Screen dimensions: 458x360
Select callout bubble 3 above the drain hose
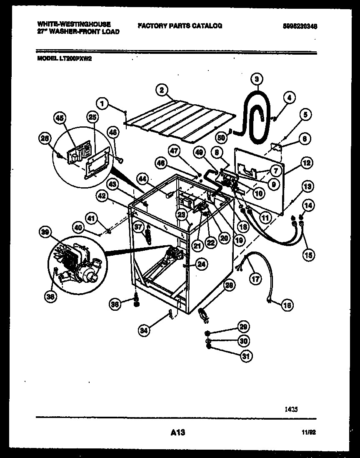(257, 78)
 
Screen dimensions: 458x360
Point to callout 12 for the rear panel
(306, 164)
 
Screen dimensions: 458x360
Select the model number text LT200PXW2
(64, 59)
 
